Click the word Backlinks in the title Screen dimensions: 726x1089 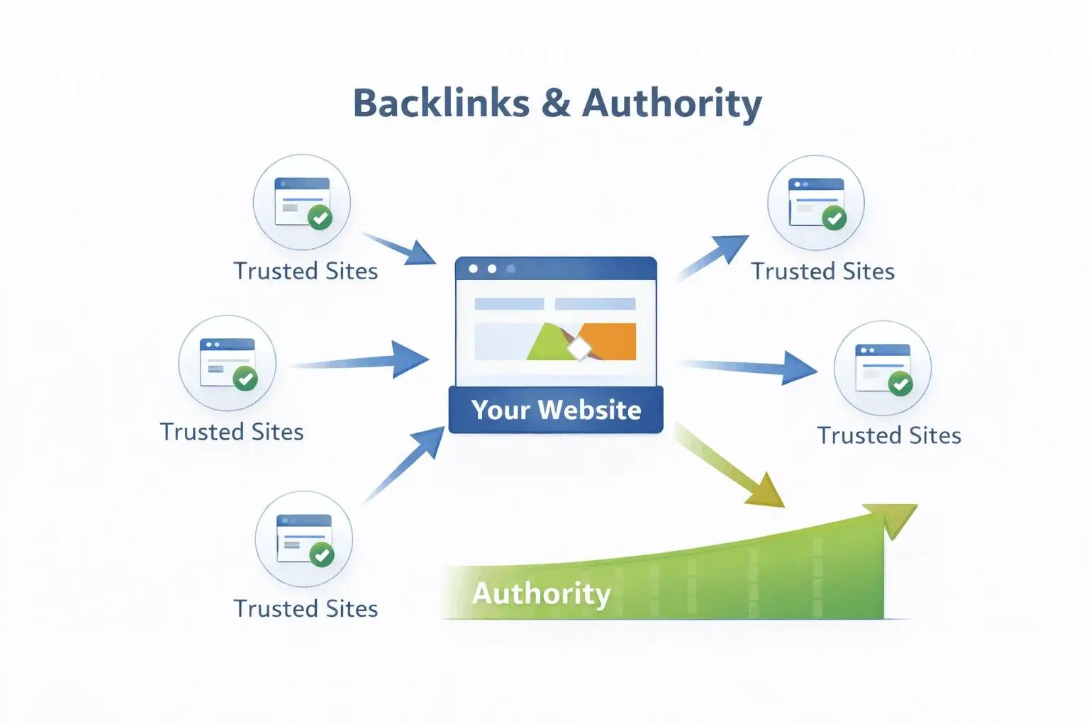click(441, 104)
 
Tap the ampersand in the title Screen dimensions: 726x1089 click(556, 104)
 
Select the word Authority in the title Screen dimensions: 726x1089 click(671, 104)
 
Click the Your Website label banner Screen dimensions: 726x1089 click(556, 410)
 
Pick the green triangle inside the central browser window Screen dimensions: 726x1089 click(547, 345)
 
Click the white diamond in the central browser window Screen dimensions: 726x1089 click(579, 348)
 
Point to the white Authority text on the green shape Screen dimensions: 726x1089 click(541, 593)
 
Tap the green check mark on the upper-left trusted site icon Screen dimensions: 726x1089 click(320, 218)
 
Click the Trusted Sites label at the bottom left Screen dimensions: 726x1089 click(306, 608)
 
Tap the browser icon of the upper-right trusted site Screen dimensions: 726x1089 click(815, 202)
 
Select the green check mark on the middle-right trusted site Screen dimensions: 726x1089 click(900, 385)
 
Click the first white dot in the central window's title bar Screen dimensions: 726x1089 click(473, 269)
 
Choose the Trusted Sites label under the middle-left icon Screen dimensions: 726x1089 click(232, 432)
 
